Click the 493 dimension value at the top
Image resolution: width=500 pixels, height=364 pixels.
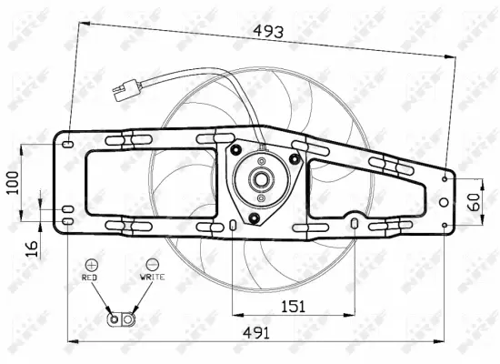click(x=267, y=31)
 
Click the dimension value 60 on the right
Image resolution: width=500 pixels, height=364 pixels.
click(x=473, y=202)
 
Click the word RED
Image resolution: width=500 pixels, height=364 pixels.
click(x=89, y=276)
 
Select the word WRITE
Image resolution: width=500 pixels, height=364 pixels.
click(x=152, y=276)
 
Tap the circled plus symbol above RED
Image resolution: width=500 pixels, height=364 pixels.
click(x=90, y=262)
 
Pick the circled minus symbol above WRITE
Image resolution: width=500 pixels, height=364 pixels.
click(x=151, y=262)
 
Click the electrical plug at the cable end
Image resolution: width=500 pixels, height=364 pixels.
click(x=122, y=90)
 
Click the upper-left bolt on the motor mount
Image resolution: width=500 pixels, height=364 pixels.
click(x=235, y=150)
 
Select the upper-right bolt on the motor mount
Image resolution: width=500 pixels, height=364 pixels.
click(x=294, y=158)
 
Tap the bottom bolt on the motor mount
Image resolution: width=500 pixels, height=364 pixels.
click(x=255, y=217)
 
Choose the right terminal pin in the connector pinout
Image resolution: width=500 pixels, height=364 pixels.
click(x=128, y=319)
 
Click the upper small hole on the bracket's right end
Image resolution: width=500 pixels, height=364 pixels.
click(x=445, y=179)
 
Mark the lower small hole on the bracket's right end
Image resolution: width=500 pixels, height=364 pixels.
click(x=445, y=225)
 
